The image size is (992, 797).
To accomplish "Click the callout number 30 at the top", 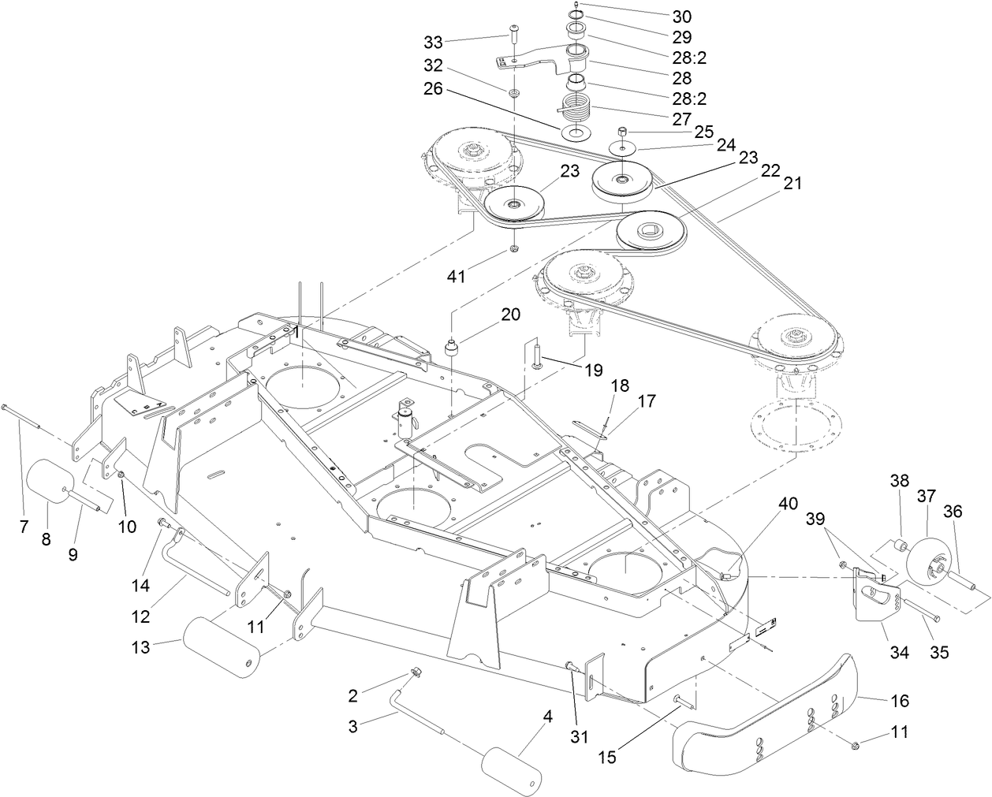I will pos(682,16).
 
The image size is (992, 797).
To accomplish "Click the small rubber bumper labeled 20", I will pos(453,347).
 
